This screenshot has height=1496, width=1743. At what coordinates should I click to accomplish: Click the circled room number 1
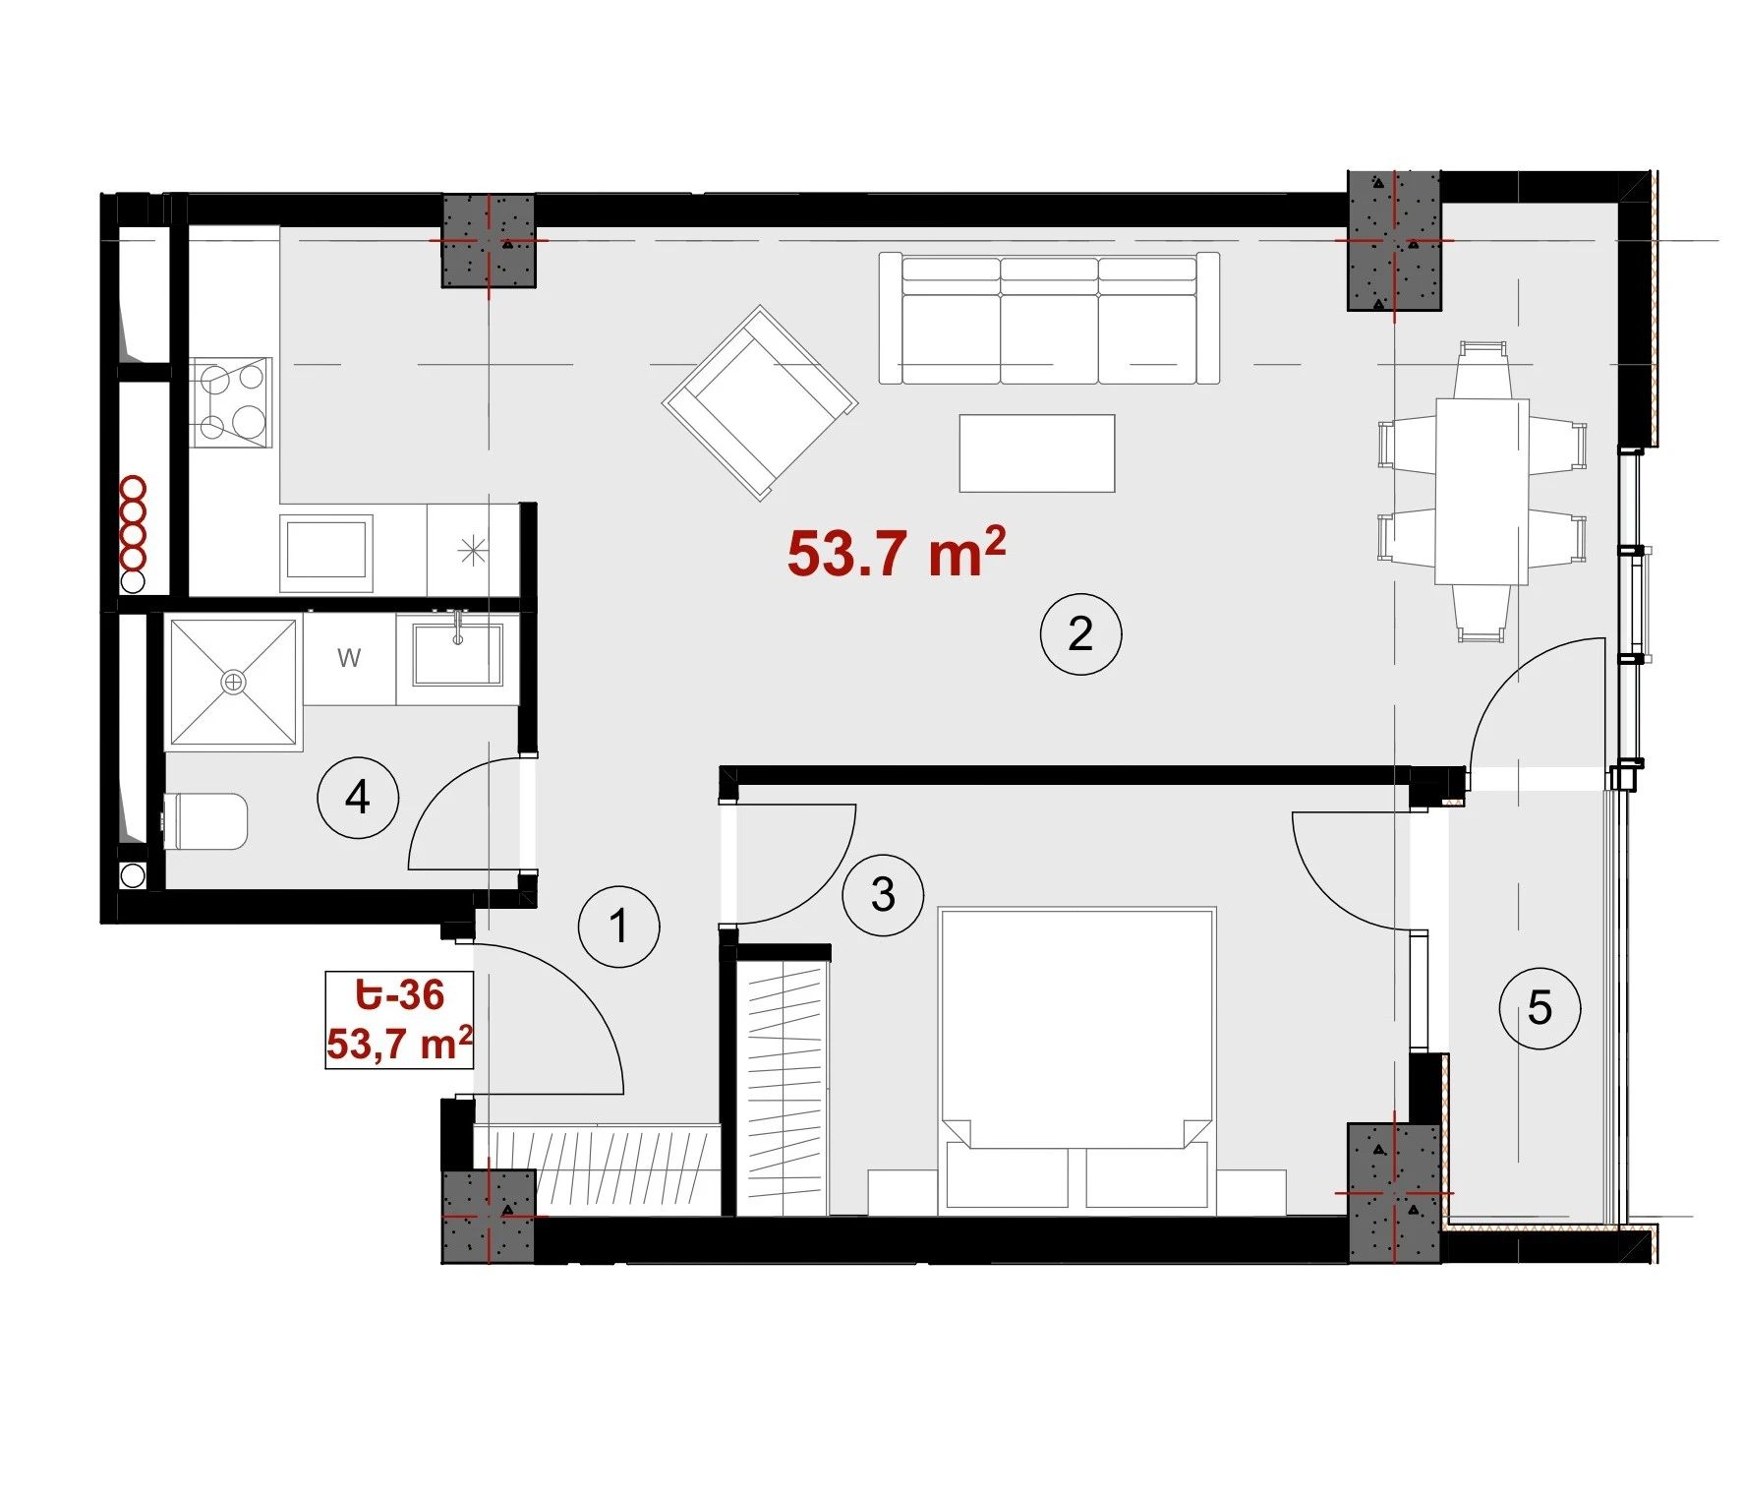[618, 926]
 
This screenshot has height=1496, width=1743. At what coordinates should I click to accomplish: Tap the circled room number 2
[1080, 633]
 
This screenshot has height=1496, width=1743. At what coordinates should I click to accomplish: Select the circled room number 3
[883, 894]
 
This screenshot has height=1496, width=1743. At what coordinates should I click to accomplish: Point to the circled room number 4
[358, 797]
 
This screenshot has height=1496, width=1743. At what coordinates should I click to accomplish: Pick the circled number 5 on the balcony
[1540, 1007]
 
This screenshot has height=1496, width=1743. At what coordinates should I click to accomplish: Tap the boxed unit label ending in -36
[399, 1020]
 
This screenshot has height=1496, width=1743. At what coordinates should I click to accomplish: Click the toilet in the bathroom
[205, 821]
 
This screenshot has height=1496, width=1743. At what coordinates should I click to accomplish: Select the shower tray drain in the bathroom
[233, 682]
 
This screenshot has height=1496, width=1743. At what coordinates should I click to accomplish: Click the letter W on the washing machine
[349, 657]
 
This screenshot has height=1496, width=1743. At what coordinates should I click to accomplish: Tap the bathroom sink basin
[458, 653]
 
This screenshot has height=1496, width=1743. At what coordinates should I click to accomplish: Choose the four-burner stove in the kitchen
[231, 402]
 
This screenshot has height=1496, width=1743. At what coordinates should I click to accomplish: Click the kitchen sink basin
[326, 549]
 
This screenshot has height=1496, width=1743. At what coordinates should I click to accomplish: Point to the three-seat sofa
[1049, 318]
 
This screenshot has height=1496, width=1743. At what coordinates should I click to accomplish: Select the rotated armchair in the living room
[760, 402]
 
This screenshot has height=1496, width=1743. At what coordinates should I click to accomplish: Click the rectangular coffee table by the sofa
[1037, 452]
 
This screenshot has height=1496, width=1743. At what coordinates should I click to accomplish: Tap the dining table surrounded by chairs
[1482, 492]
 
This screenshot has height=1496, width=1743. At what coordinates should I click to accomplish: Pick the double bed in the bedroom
[1077, 1058]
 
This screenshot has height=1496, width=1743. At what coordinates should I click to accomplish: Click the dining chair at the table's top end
[1482, 370]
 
